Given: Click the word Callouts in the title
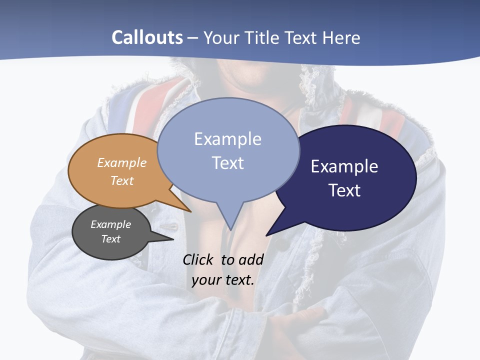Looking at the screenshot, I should pyautogui.click(x=147, y=37).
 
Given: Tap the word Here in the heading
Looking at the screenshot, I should pyautogui.click(x=341, y=37).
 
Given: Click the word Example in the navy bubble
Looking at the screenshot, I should pyautogui.click(x=344, y=166).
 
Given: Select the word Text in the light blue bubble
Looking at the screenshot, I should pyautogui.click(x=228, y=163).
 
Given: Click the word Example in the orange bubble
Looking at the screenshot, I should pyautogui.click(x=122, y=163).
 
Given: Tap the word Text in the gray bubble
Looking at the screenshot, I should pyautogui.click(x=110, y=239).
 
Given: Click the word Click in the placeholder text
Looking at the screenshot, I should pyautogui.click(x=198, y=259).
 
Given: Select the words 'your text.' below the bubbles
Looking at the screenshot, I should pyautogui.click(x=223, y=279).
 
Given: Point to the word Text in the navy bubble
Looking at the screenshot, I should pyautogui.click(x=344, y=190).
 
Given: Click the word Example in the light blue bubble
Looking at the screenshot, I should pyautogui.click(x=227, y=139).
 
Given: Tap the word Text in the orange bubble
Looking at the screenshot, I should pyautogui.click(x=122, y=180).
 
